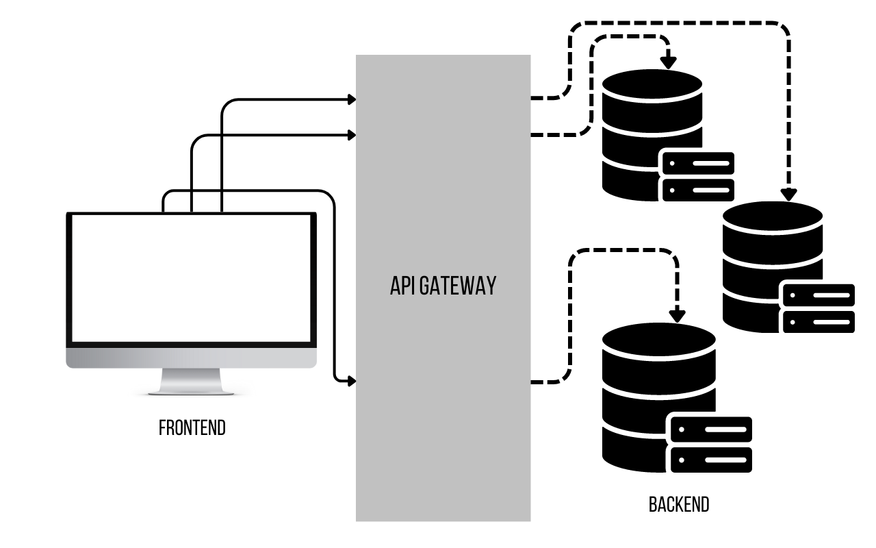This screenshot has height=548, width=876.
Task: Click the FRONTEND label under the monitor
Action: pyautogui.click(x=192, y=428)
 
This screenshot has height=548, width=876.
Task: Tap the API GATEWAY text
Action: pyautogui.click(x=443, y=286)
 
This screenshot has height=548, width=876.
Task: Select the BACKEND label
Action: pyautogui.click(x=679, y=505)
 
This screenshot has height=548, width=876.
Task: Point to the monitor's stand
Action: pyautogui.click(x=192, y=381)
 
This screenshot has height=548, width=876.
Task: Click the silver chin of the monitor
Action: pyautogui.click(x=192, y=358)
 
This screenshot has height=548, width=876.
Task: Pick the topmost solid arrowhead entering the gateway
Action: pyautogui.click(x=352, y=99)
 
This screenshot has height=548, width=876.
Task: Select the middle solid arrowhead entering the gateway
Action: pyautogui.click(x=352, y=135)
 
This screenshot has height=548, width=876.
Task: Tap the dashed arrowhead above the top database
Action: pyautogui.click(x=669, y=62)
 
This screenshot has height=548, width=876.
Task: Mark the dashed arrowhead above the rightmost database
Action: pyautogui.click(x=789, y=195)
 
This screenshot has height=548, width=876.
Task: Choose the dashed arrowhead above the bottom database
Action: pyautogui.click(x=678, y=316)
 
